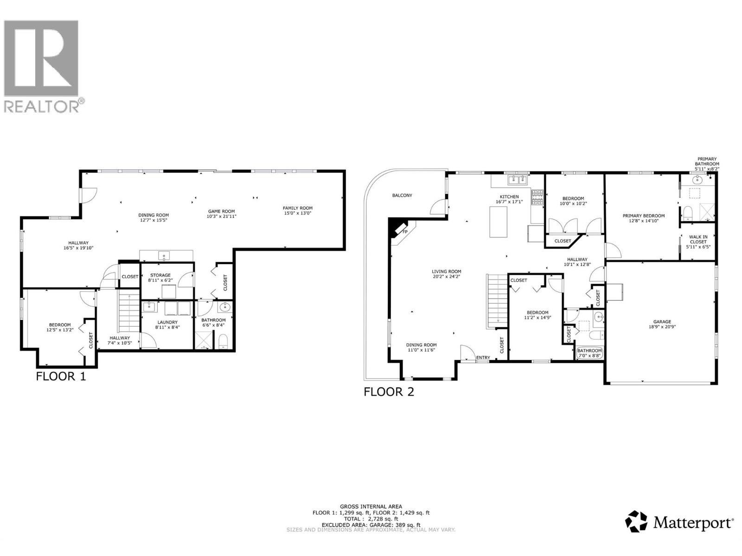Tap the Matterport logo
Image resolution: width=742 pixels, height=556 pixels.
[680, 522]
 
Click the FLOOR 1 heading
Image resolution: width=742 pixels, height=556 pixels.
[61, 376]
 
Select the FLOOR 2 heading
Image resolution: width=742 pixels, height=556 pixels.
[389, 392]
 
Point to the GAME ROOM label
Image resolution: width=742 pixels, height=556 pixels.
[221, 211]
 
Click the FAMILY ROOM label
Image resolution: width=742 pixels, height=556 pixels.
[298, 208]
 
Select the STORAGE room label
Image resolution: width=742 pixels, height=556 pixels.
[160, 275]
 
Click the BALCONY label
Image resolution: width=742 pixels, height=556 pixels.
[402, 196]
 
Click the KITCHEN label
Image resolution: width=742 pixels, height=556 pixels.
[509, 197]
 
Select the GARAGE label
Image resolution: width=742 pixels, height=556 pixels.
[662, 322]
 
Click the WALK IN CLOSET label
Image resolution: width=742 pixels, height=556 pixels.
[698, 239]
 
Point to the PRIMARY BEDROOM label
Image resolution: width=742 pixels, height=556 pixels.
[643, 216]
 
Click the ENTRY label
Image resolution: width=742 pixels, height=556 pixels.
[483, 358]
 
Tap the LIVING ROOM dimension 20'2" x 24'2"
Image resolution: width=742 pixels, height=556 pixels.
[447, 277]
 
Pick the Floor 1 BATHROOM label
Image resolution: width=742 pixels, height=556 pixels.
[213, 320]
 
